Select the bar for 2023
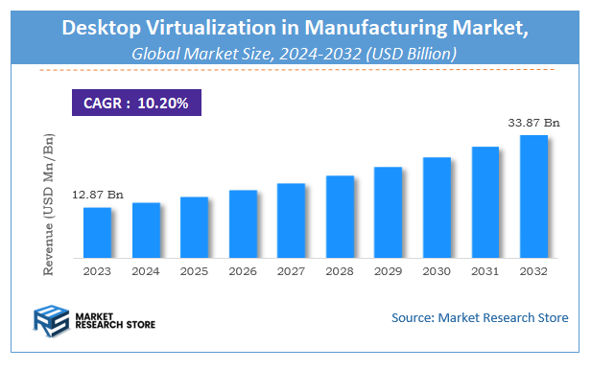click(x=98, y=233)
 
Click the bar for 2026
click(x=243, y=224)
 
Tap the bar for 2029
click(x=388, y=213)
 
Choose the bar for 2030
click(x=437, y=208)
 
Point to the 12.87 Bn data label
click(x=98, y=195)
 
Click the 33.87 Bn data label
click(x=533, y=122)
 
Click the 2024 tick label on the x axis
click(x=146, y=271)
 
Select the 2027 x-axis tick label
click(x=291, y=271)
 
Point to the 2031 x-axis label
click(x=485, y=271)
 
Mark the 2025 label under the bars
click(x=194, y=271)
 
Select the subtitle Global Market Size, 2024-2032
click(x=295, y=55)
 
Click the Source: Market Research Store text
click(x=480, y=317)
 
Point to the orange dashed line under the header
click(x=295, y=69)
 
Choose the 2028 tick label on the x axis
click(x=340, y=271)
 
